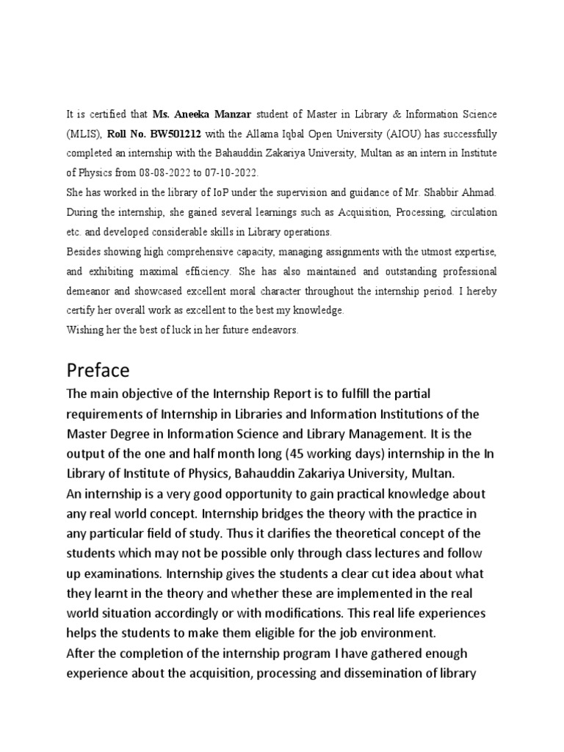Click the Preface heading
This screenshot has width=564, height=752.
[98, 369]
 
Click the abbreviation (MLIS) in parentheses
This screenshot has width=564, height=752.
[84, 134]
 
